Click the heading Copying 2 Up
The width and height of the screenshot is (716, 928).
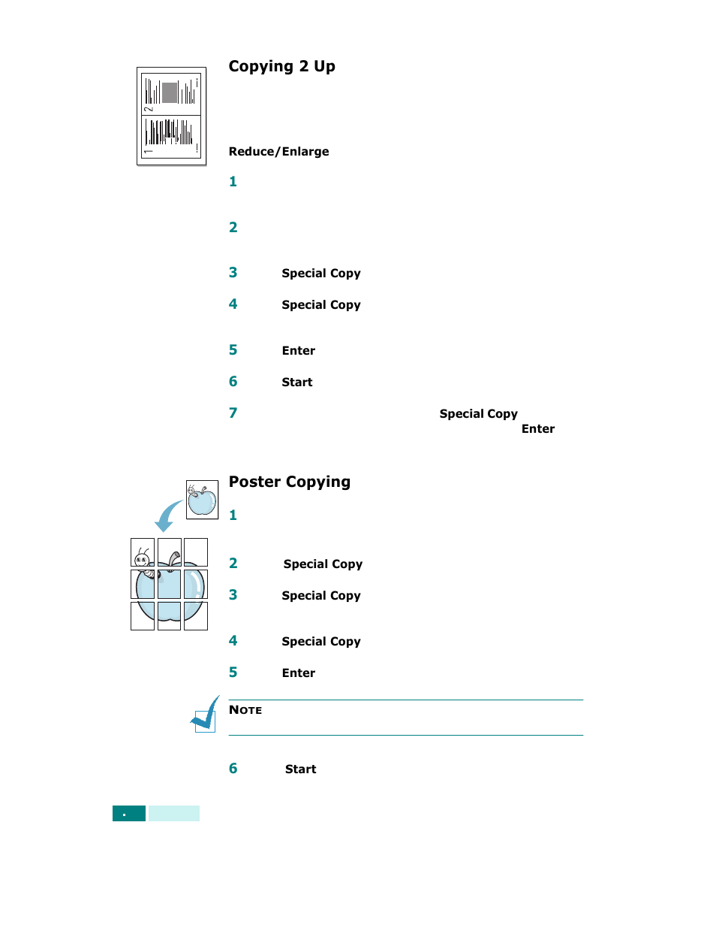click(281, 66)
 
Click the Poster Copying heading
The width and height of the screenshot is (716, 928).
click(289, 482)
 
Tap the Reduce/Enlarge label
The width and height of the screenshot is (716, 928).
click(278, 151)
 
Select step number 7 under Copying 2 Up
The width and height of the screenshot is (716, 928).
click(233, 413)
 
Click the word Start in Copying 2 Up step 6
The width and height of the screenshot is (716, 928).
click(296, 382)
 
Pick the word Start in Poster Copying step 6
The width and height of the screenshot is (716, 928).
click(300, 769)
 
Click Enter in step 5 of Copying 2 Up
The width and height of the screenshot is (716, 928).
click(298, 350)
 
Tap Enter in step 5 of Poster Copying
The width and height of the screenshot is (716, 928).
click(298, 673)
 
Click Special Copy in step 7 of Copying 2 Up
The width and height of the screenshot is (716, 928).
click(478, 413)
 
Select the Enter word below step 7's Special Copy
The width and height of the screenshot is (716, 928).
click(537, 428)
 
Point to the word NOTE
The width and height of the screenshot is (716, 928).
click(245, 710)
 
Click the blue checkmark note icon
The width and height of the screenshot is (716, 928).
click(205, 715)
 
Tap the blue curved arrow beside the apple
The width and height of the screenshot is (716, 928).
click(167, 516)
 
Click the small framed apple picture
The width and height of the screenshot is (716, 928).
click(202, 500)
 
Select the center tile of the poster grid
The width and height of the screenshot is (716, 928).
click(169, 584)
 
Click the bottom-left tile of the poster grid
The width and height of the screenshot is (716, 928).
click(143, 616)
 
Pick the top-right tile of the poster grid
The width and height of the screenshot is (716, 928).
click(196, 552)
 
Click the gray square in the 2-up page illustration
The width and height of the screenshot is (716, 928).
click(170, 92)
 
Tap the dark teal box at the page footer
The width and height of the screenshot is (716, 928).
click(128, 813)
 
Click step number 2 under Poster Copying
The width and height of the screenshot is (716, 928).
click(233, 563)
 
